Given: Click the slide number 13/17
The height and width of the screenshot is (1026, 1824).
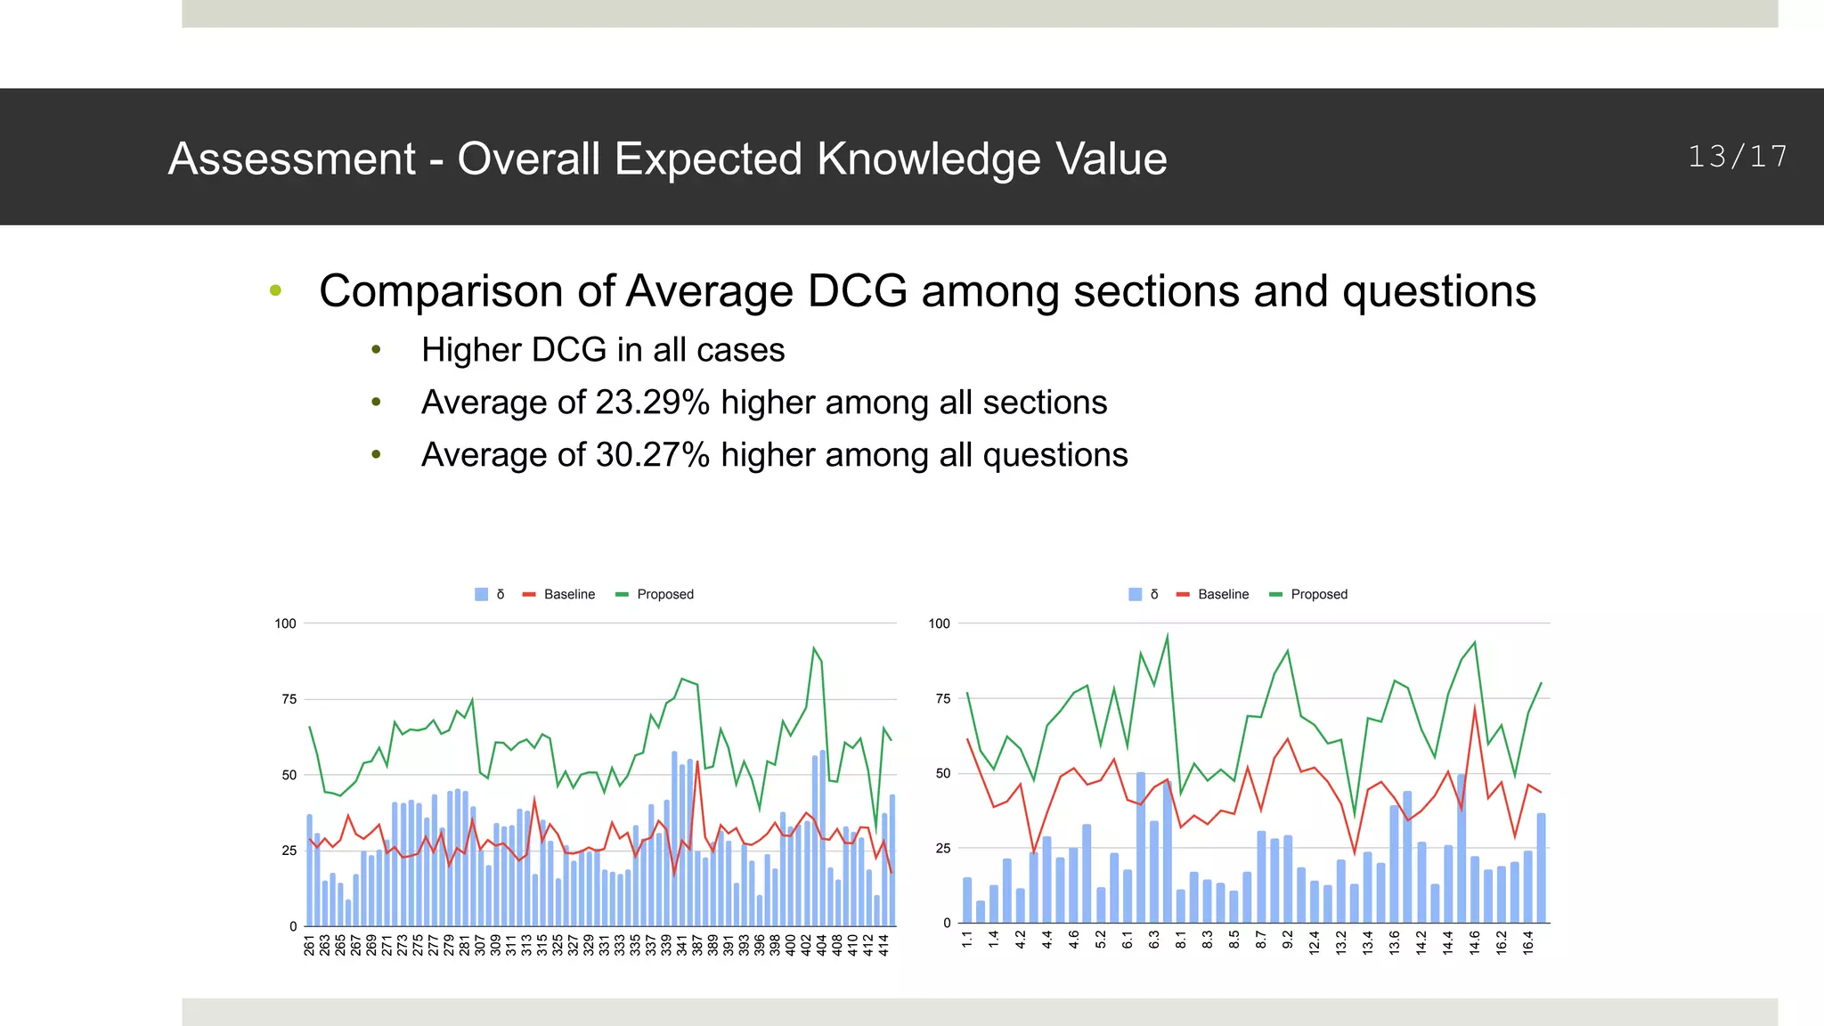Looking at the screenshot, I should pos(1738,157).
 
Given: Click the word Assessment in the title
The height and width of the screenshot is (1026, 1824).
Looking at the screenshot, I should pos(291,159).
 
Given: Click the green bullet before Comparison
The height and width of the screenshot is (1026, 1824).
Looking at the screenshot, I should pos(275,290).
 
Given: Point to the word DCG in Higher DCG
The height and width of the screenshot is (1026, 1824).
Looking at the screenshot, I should pos(569,350).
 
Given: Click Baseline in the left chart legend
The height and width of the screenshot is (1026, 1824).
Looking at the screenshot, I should pos(569,594).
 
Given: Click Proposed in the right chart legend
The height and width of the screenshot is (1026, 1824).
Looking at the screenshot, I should pos(1318,594).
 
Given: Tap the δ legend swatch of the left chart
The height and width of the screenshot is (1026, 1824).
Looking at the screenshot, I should pos(482,594).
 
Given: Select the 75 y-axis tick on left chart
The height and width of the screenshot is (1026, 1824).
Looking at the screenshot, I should pos(289,699).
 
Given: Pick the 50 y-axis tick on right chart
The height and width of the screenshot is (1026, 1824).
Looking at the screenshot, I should pos(942,774).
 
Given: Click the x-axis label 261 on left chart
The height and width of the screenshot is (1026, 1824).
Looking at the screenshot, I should pos(309,945).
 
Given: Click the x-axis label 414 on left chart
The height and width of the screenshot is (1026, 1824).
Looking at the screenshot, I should pos(884,945).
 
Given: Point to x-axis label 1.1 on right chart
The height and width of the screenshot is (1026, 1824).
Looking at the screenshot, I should pos(967,938).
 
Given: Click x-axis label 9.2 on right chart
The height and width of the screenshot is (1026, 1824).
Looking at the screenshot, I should pos(1288,940).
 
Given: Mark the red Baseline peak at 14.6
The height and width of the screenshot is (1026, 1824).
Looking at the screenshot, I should pos(1475,708).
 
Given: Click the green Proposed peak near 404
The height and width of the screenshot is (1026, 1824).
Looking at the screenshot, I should pos(813,648).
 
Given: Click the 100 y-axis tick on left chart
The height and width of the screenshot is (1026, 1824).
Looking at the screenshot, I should pos(285,623).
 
